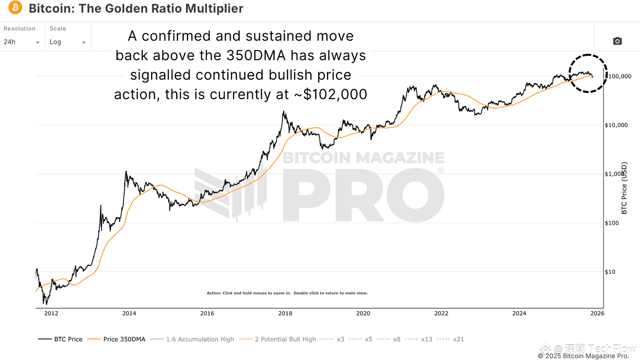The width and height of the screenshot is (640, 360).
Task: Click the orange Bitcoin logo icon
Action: pyautogui.click(x=15, y=7)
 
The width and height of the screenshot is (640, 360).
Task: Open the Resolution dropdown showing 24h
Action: pyautogui.click(x=22, y=42)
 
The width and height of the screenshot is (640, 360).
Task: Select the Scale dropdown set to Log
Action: pyautogui.click(x=68, y=42)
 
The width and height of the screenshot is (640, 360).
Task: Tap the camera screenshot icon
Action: pyautogui.click(x=617, y=41)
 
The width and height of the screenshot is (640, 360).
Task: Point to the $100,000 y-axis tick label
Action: pyautogui.click(x=619, y=76)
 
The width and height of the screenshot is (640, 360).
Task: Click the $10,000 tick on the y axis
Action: pyautogui.click(x=617, y=125)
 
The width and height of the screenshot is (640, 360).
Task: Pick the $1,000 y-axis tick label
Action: pyautogui.click(x=616, y=174)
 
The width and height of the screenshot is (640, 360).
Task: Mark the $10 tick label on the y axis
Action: pyautogui.click(x=610, y=272)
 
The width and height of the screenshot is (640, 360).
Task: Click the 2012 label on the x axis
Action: pyautogui.click(x=51, y=313)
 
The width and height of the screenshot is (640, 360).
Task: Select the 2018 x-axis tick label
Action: pyautogui.click(x=285, y=313)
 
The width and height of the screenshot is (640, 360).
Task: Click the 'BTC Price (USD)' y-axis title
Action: pyautogui.click(x=624, y=188)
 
